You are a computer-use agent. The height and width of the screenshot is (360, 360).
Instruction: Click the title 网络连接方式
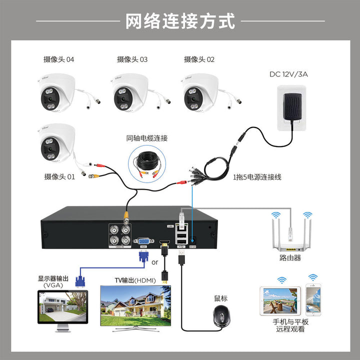click(179, 21)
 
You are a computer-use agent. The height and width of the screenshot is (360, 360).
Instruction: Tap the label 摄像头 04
click(58, 59)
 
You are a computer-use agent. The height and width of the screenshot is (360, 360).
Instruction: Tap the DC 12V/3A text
click(288, 74)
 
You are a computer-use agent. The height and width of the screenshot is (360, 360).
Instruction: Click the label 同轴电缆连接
click(147, 137)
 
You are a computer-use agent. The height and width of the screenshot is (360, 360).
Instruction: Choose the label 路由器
click(290, 258)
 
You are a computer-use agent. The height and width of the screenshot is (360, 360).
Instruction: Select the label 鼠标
click(220, 298)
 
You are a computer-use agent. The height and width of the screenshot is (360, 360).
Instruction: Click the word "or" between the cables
click(154, 262)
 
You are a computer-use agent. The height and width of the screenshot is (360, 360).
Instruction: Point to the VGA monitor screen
click(62, 306)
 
